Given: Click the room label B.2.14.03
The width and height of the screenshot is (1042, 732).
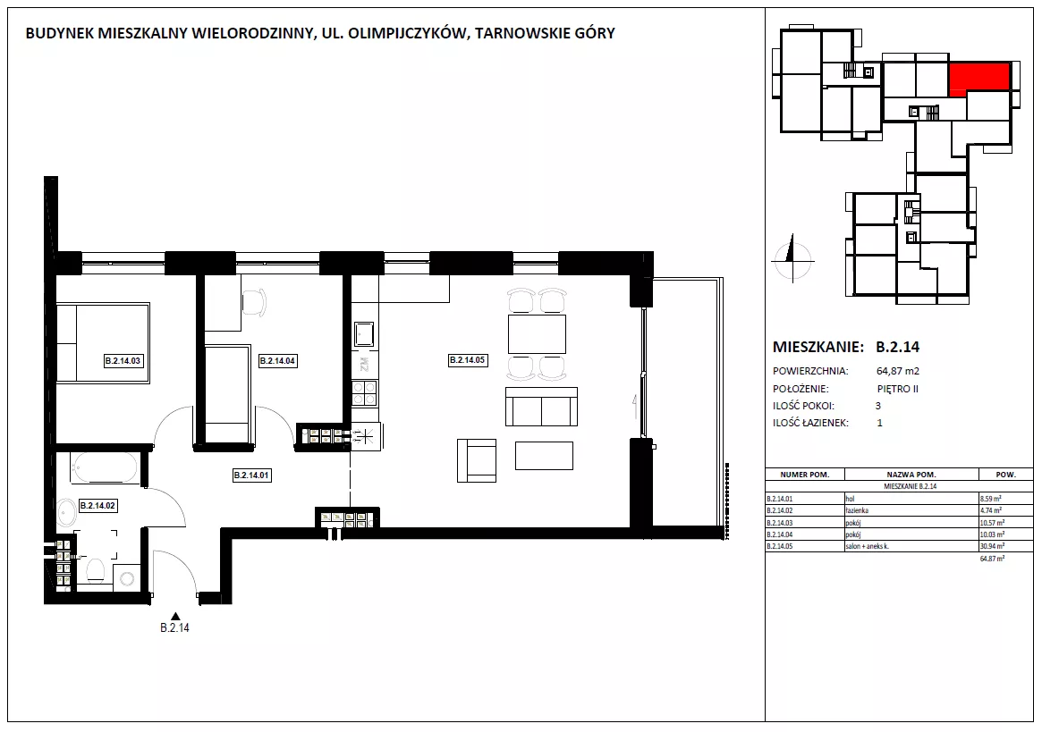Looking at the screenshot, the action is pyautogui.click(x=123, y=361).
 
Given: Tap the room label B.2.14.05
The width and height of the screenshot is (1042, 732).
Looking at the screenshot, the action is pyautogui.click(x=468, y=360).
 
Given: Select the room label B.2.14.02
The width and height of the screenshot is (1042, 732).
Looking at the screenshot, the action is pyautogui.click(x=97, y=506).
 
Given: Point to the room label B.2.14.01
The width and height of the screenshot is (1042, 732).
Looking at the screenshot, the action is pyautogui.click(x=252, y=475).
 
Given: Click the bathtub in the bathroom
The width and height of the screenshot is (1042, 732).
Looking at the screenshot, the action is pyautogui.click(x=105, y=467).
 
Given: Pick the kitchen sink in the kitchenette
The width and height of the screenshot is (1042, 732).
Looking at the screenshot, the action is pyautogui.click(x=364, y=334).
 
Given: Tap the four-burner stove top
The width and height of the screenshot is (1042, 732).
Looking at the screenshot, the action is pyautogui.click(x=364, y=393).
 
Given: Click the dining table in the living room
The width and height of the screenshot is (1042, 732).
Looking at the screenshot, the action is pyautogui.click(x=537, y=334).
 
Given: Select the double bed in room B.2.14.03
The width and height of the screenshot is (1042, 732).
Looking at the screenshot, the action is pyautogui.click(x=103, y=342).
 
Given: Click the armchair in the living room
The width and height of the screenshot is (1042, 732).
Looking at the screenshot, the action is pyautogui.click(x=477, y=460).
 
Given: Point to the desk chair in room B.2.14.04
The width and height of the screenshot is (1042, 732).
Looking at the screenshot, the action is pyautogui.click(x=254, y=301).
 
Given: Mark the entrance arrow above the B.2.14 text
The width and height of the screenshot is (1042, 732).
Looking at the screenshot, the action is pyautogui.click(x=175, y=616).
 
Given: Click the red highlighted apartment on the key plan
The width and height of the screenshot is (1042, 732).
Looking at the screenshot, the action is pyautogui.click(x=978, y=79).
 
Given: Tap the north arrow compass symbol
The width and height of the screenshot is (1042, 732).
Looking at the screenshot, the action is pyautogui.click(x=792, y=258).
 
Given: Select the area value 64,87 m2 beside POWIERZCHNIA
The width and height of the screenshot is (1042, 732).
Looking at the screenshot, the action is pyautogui.click(x=898, y=371).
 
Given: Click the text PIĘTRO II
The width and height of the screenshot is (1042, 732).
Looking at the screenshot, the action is pyautogui.click(x=898, y=390).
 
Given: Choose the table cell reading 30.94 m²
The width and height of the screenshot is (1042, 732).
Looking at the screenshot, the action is pyautogui.click(x=991, y=546).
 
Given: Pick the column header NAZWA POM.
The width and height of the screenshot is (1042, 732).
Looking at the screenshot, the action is pyautogui.click(x=911, y=475).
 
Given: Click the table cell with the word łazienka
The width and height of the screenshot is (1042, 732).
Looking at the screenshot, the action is pyautogui.click(x=857, y=510).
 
